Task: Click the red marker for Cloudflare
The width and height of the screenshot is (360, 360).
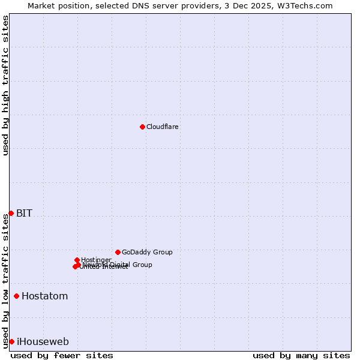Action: tap(142, 127)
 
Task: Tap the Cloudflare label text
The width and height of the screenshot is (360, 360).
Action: tap(162, 127)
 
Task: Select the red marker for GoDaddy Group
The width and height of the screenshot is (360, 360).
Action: tap(118, 252)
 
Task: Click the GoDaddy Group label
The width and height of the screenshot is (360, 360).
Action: tap(147, 252)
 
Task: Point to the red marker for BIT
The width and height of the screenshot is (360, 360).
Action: tap(11, 213)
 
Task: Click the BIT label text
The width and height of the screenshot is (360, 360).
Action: tap(24, 213)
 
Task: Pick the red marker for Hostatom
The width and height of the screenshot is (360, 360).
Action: tap(17, 296)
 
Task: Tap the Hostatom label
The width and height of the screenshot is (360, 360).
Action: tap(44, 296)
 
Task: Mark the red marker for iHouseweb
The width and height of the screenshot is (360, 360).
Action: tap(11, 341)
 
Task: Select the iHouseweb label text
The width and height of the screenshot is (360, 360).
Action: tap(43, 341)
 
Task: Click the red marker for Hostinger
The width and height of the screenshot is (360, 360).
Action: tap(77, 260)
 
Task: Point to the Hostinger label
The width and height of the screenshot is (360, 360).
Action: tap(96, 260)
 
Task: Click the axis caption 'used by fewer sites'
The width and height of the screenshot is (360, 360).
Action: tap(62, 355)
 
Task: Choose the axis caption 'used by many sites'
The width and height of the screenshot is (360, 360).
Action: tap(301, 355)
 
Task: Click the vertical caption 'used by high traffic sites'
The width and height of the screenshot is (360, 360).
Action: tap(6, 85)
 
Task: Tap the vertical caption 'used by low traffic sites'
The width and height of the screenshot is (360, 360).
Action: tap(6, 280)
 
